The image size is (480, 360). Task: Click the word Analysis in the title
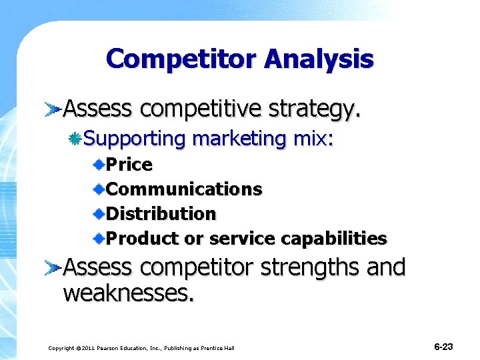coord(319,59)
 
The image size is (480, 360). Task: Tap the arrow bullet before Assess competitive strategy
coord(53,108)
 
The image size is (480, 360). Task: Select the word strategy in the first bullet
coord(317,109)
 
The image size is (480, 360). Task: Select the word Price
coord(129,164)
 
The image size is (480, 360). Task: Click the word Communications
coord(184,189)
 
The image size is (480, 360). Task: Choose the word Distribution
coord(161,214)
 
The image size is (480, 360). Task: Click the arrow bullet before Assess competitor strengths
coord(53,268)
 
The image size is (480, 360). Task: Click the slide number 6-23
coord(443,347)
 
